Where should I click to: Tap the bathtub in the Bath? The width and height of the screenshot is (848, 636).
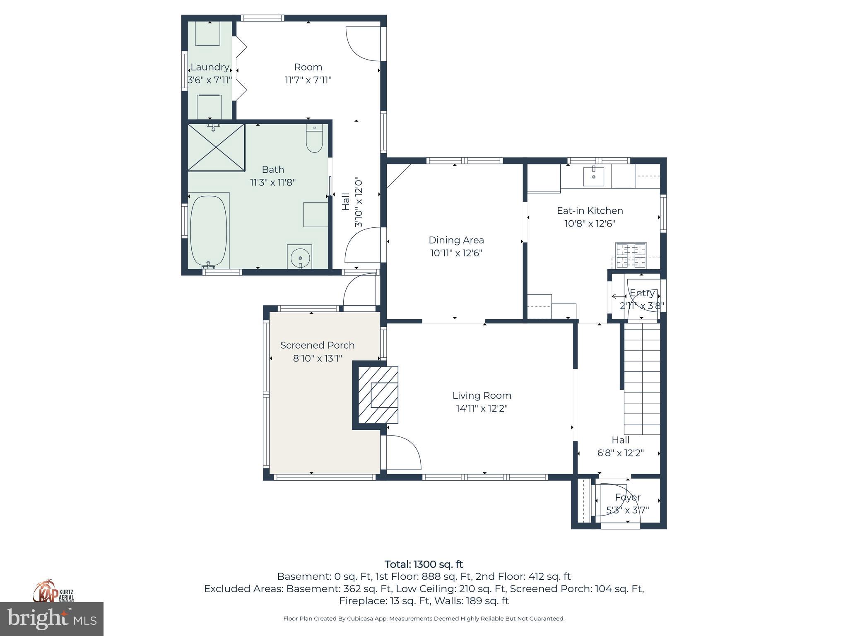click(x=209, y=231)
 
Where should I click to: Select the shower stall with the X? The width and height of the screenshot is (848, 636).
click(x=216, y=147)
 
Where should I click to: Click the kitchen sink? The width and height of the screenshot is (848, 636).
click(x=593, y=176)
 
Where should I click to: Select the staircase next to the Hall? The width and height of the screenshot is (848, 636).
click(x=641, y=378)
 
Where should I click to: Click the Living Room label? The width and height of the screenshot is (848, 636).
click(x=482, y=395)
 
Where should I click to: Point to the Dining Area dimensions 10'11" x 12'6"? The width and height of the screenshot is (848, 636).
click(x=456, y=253)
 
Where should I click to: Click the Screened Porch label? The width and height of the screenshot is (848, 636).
click(x=317, y=345)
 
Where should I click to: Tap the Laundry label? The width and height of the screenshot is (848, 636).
click(x=210, y=67)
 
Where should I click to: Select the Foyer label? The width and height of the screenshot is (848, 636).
click(x=627, y=497)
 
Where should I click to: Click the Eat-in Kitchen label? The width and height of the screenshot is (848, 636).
click(x=590, y=210)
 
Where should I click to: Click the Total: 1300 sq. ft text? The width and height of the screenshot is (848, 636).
click(x=424, y=564)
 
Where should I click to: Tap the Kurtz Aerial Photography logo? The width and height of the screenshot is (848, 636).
click(x=53, y=591)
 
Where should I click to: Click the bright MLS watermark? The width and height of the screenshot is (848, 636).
click(x=52, y=619)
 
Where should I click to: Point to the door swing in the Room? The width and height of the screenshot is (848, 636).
click(x=362, y=43)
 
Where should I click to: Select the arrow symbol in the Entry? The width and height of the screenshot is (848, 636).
click(x=619, y=296)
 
